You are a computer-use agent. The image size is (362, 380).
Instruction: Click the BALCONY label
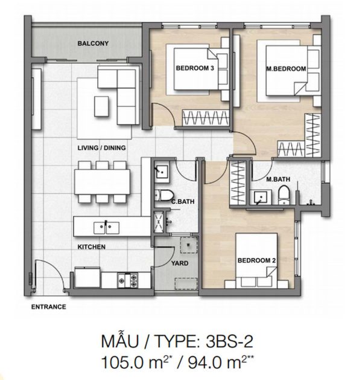coord(93,43)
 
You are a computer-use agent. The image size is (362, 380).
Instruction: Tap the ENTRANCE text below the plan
coord(49,307)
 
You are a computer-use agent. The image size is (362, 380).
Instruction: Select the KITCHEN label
coord(92,247)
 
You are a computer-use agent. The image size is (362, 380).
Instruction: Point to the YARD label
coord(180,263)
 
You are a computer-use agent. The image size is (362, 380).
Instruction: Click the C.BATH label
coord(183,201)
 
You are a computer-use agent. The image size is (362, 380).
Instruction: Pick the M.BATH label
coord(278,179)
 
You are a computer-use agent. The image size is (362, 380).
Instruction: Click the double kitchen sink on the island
coord(106,228)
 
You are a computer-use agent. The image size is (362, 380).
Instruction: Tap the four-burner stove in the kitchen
coord(127,280)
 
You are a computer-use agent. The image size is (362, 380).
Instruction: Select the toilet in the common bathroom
coord(164,195)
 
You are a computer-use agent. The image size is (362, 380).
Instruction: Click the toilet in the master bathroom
coord(284,195)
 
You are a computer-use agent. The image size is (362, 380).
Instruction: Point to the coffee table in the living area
coord(101,106)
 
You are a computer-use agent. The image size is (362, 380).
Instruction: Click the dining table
coord(102,182)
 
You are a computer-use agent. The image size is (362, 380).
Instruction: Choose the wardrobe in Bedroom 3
coord(206,118)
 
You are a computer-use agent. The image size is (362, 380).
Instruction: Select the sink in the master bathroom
coord(261,198)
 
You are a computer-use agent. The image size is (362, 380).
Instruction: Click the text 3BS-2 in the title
coord(229,341)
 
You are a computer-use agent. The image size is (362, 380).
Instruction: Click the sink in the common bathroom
coord(162,172)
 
